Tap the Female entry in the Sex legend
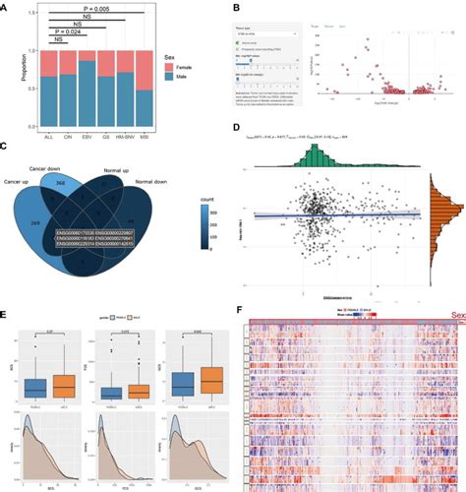click(191, 84)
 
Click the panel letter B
click(236, 8)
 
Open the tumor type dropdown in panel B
click(265, 34)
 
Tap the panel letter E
click(8, 317)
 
